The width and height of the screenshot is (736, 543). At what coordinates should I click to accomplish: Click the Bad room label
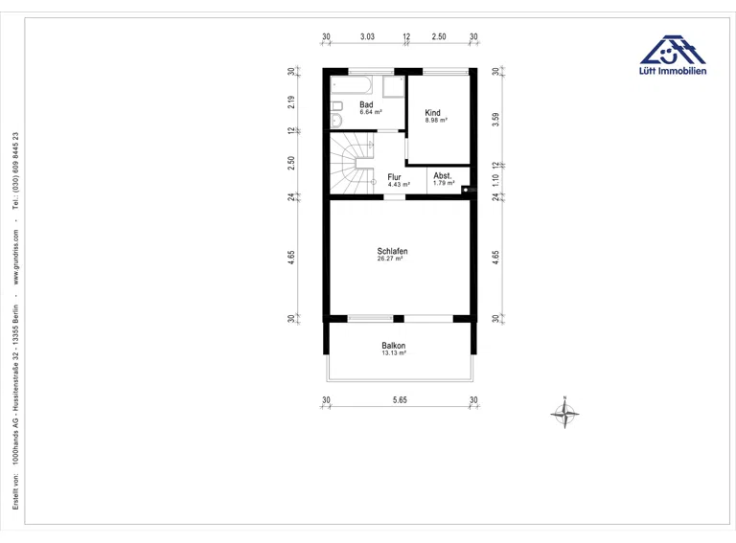(366, 104)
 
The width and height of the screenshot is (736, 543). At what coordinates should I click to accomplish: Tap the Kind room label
(432, 113)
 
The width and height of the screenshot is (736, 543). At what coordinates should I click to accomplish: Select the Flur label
(394, 177)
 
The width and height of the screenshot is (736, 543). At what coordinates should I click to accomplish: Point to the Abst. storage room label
(443, 176)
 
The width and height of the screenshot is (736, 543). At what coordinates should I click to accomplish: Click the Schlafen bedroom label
(392, 251)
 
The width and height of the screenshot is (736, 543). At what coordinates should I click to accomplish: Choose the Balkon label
(393, 346)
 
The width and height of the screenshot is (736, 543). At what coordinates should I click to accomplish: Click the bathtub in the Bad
(352, 85)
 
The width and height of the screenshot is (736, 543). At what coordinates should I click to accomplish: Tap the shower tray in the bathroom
(393, 87)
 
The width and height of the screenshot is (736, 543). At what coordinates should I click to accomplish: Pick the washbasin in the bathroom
(336, 121)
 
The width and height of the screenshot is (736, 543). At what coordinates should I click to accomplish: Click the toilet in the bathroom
(336, 105)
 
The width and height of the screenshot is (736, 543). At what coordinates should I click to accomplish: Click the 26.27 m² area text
(390, 259)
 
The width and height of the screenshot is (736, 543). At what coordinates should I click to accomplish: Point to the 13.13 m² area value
(393, 352)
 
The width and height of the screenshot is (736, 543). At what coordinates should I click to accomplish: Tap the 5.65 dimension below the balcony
(400, 400)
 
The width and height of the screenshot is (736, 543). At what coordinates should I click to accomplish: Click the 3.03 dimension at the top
(367, 36)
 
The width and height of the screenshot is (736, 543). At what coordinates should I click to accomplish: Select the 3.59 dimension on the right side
(495, 119)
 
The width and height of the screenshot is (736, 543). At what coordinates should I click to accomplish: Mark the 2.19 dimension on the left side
(291, 102)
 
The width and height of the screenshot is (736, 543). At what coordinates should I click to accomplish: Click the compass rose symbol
(564, 413)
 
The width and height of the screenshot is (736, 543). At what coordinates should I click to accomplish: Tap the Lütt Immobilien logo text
(673, 71)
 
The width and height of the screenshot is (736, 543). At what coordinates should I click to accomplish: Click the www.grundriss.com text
(16, 257)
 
